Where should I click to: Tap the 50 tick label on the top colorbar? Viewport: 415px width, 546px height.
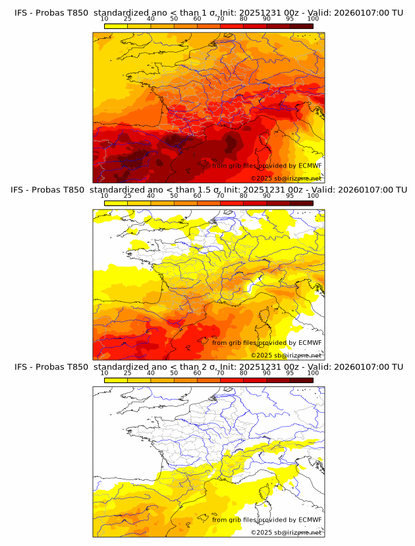tap(174, 18)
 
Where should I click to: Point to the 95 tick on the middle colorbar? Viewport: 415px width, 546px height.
tap(290, 196)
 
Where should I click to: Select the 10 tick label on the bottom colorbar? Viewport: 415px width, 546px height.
tap(105, 373)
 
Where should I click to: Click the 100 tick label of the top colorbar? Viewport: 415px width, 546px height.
tap(313, 18)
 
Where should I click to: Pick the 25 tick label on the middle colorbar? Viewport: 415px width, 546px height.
tap(128, 196)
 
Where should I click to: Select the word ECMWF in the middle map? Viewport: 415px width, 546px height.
tap(310, 342)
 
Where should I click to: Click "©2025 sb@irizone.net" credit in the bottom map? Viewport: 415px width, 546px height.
tap(286, 532)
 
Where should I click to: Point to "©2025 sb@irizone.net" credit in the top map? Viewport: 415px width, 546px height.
tap(286, 178)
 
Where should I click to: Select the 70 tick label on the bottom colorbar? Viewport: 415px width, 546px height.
tap(221, 373)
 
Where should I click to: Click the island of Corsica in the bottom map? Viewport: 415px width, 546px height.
tap(267, 491)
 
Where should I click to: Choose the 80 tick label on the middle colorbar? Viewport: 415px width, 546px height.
tap(244, 196)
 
